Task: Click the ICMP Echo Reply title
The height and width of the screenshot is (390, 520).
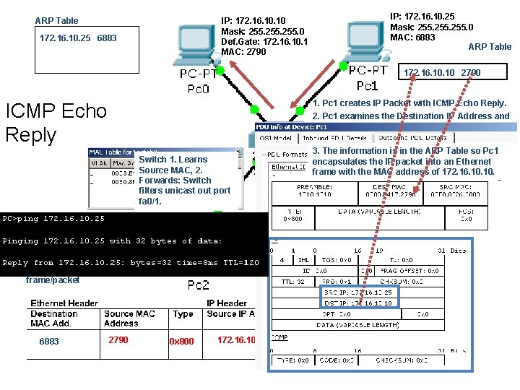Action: [56, 123]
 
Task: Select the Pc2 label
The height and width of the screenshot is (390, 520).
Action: [199, 285]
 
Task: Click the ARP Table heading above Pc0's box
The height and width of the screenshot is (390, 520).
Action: [56, 20]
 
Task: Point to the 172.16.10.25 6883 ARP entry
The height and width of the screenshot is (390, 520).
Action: [77, 38]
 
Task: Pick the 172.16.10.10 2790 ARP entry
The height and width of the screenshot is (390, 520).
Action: [442, 73]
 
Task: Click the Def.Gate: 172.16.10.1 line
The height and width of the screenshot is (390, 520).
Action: [264, 41]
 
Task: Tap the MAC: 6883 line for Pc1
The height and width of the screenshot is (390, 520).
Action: [412, 38]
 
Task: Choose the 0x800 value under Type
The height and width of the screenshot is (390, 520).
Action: [181, 341]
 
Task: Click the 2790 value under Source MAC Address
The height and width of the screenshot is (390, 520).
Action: [118, 339]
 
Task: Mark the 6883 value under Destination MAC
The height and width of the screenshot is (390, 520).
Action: [49, 341]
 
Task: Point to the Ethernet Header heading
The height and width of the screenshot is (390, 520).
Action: [64, 303]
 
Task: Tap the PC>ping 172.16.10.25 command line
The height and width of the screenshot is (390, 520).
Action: [54, 218]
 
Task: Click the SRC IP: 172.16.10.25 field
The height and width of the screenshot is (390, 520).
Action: [358, 293]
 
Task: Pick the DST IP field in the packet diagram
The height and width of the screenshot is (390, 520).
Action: [358, 303]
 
